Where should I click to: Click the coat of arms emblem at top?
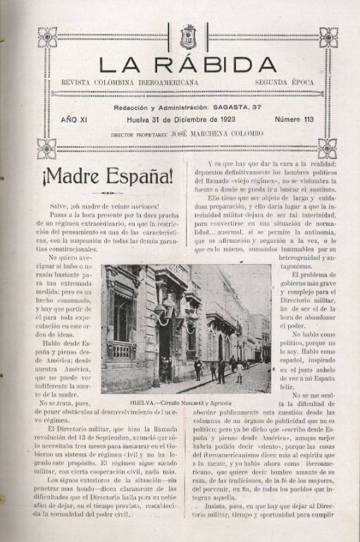(188, 36)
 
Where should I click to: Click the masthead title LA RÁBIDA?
(187, 65)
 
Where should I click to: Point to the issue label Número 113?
(294, 120)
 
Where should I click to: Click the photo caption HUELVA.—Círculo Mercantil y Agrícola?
(181, 403)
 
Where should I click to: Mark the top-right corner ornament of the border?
(328, 37)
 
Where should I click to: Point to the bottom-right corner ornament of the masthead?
(328, 148)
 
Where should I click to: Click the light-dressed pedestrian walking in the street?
(240, 371)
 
